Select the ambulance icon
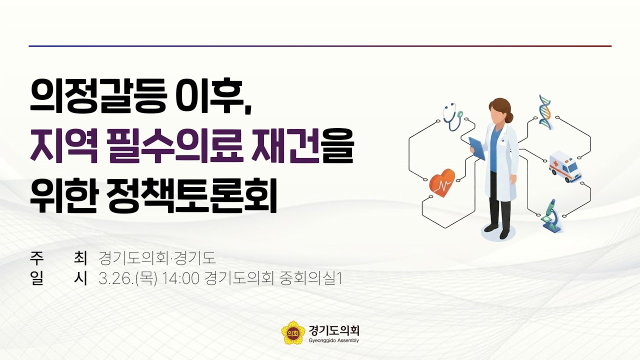[565, 165]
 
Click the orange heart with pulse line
[442, 183]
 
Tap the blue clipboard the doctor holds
[477, 148]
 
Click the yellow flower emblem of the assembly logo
[293, 332]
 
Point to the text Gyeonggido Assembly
[334, 340]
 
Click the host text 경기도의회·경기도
[157, 258]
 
